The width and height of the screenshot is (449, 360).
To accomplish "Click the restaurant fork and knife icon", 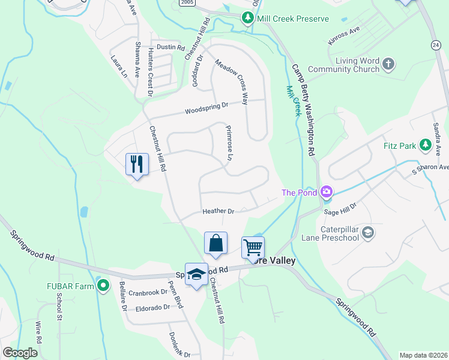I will pyautogui.click(x=137, y=163).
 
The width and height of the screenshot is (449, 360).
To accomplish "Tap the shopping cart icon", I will pyautogui.click(x=253, y=247).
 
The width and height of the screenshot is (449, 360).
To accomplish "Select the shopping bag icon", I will pyautogui.click(x=215, y=243).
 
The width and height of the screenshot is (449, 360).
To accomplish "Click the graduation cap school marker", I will pyautogui.click(x=196, y=274).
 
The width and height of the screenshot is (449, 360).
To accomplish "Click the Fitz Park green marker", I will pyautogui.click(x=425, y=145).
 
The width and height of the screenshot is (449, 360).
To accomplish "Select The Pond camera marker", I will pyautogui.click(x=327, y=192).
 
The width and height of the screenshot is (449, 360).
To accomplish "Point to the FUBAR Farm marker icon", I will pyautogui.click(x=103, y=286).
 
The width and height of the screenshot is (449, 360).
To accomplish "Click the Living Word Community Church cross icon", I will pyautogui.click(x=388, y=63).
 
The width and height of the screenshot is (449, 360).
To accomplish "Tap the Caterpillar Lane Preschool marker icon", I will pyautogui.click(x=367, y=233).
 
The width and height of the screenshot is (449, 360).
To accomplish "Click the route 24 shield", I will pyautogui.click(x=436, y=45).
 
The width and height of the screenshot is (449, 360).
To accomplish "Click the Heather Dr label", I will pyautogui.click(x=218, y=211).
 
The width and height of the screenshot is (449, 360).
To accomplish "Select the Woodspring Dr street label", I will pyautogui.click(x=206, y=108).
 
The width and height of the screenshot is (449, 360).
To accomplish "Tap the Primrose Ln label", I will pyautogui.click(x=229, y=143).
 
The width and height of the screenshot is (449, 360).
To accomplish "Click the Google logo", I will pyautogui.click(x=20, y=353).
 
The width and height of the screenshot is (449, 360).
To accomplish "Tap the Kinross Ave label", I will pyautogui.click(x=344, y=38).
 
